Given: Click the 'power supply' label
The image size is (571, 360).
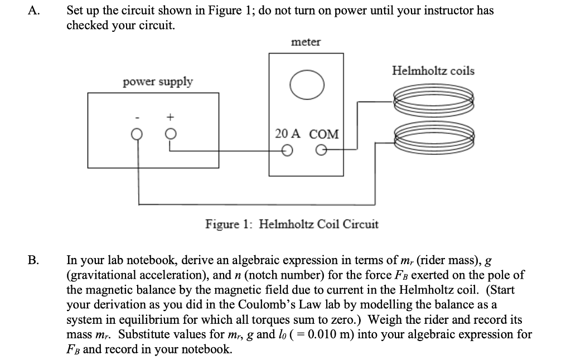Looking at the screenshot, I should click(x=158, y=82).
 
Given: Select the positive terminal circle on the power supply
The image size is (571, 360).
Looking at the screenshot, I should click(x=171, y=134).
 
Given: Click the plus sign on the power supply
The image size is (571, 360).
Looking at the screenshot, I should click(x=171, y=118).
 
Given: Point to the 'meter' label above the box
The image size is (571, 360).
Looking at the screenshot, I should click(x=306, y=42).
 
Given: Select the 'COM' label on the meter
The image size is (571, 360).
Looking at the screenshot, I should click(x=324, y=134).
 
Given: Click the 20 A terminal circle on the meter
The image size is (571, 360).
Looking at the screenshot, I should click(x=287, y=150).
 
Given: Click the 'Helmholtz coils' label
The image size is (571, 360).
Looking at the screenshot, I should click(x=433, y=71).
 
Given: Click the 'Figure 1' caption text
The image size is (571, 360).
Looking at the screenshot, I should click(x=292, y=224).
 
